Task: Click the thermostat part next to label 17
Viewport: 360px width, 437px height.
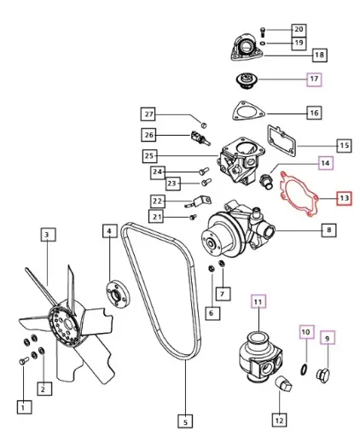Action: (249, 82)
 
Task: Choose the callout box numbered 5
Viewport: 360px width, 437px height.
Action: (184, 419)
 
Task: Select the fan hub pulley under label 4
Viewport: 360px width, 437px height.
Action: (113, 292)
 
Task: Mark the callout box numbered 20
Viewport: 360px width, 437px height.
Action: (298, 29)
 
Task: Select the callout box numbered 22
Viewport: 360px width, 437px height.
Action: (158, 201)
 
